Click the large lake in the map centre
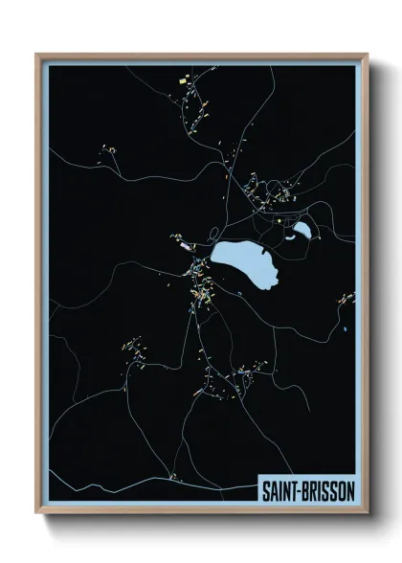click(245, 265)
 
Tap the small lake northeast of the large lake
click(302, 230)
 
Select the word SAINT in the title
click(280, 490)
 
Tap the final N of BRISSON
click(349, 490)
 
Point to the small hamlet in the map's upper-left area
click(108, 150)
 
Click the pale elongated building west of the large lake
click(185, 246)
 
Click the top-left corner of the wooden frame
click(37, 55)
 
